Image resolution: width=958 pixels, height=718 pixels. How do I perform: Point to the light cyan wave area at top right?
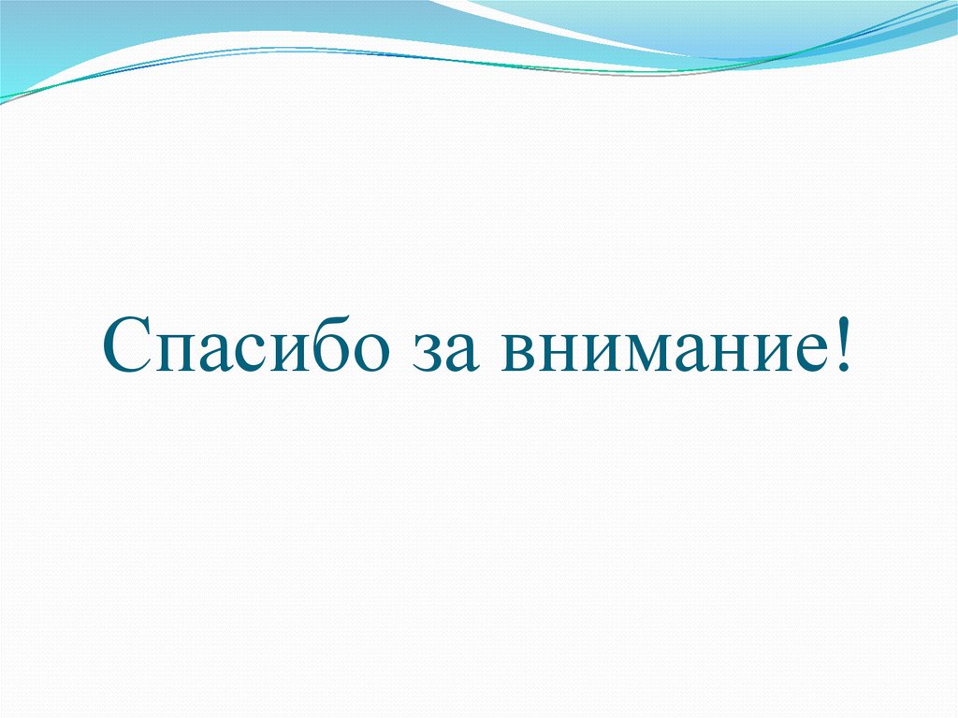coord(842,23)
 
